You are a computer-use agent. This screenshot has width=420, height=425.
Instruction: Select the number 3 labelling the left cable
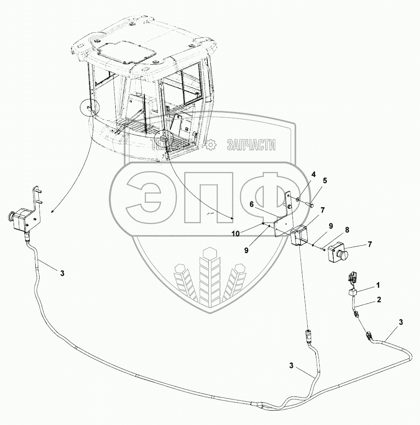point(62,273)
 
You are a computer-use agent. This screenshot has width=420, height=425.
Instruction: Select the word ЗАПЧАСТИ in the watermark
point(251,145)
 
